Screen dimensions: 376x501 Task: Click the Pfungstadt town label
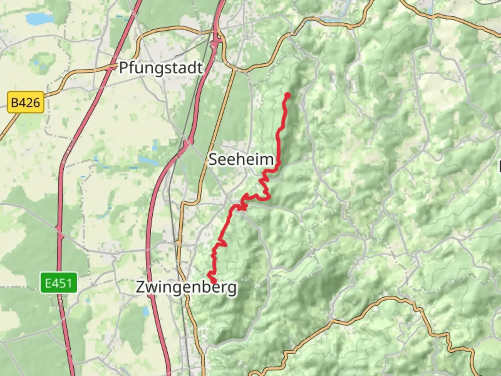pyautogui.click(x=161, y=68)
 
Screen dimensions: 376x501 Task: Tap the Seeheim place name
pyautogui.click(x=241, y=159)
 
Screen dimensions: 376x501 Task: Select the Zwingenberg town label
pyautogui.click(x=186, y=288)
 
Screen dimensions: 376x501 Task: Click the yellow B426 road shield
pyautogui.click(x=26, y=103)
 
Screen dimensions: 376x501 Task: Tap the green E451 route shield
pyautogui.click(x=58, y=283)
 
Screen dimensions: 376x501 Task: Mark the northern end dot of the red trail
pyautogui.click(x=287, y=95)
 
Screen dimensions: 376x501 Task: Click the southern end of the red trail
pyautogui.click(x=213, y=281)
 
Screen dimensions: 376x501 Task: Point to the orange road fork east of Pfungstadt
pyautogui.click(x=234, y=69)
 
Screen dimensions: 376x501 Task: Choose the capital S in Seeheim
pyautogui.click(x=213, y=159)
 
